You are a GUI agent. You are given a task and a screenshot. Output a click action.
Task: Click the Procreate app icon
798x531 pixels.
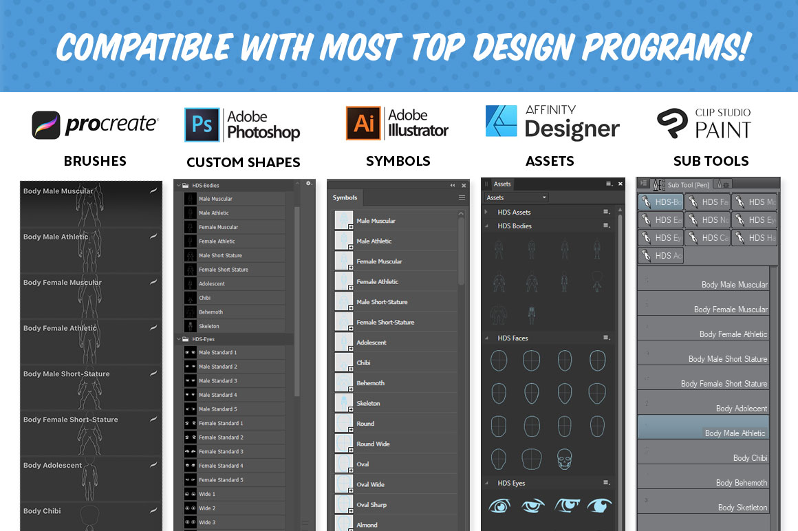click(46, 125)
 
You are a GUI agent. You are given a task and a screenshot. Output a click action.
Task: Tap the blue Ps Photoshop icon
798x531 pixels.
click(202, 124)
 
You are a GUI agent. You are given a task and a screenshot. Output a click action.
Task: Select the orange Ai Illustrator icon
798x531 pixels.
click(363, 124)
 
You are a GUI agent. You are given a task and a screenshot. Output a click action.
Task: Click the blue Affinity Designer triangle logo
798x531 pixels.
click(501, 122)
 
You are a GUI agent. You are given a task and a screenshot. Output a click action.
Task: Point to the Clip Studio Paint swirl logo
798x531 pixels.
click(671, 124)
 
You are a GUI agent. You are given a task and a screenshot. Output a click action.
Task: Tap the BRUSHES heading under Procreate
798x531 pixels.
click(95, 162)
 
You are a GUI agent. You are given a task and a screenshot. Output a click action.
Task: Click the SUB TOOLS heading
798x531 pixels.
click(711, 162)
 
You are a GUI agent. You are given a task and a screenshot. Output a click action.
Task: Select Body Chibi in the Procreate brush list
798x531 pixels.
click(43, 511)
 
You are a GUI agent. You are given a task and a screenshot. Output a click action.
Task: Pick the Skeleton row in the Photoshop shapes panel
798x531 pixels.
click(209, 326)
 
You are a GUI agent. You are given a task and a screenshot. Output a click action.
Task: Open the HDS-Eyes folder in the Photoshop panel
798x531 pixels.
click(206, 339)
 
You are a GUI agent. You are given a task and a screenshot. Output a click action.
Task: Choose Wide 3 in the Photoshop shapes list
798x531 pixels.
click(207, 522)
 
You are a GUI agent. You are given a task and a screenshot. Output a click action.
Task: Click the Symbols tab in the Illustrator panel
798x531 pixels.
click(345, 198)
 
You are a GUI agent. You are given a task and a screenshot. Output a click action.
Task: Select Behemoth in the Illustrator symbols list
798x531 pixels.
click(371, 383)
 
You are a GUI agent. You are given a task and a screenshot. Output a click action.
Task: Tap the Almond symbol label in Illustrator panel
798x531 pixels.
click(367, 525)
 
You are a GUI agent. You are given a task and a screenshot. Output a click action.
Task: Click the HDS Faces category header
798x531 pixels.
click(513, 338)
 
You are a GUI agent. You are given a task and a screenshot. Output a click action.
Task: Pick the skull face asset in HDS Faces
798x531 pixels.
click(564, 458)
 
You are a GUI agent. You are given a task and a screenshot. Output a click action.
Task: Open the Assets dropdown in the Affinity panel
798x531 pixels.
click(516, 198)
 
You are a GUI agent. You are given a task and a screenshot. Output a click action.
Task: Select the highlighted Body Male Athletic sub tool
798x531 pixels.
click(735, 433)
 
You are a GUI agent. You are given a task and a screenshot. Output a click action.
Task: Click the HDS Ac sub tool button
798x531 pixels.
click(660, 256)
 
